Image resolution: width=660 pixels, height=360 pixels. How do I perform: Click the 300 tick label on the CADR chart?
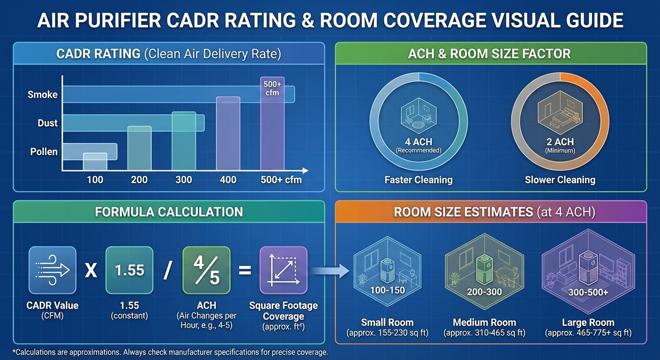(x=184, y=180)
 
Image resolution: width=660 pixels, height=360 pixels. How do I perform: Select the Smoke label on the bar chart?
(x=42, y=94)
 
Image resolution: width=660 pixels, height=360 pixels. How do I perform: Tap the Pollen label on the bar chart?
(x=44, y=152)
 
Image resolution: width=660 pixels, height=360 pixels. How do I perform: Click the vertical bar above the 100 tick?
(x=95, y=162)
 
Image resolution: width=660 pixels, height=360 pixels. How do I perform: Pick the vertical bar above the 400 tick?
(x=228, y=134)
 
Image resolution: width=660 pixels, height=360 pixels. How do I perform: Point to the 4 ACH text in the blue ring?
(x=418, y=142)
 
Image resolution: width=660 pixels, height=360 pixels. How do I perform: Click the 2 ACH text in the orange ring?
(x=560, y=142)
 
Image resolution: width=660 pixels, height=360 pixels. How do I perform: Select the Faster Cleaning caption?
(x=418, y=180)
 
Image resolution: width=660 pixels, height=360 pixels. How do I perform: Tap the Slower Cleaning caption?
(x=560, y=180)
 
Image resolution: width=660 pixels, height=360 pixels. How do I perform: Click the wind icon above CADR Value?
(x=52, y=270)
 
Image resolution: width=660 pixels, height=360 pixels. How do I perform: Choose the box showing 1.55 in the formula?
(x=129, y=270)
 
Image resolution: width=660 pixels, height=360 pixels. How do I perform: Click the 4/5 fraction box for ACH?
(x=206, y=270)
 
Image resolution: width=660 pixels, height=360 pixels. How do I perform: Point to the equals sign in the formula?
(x=245, y=270)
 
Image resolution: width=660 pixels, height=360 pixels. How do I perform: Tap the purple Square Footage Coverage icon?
(x=283, y=270)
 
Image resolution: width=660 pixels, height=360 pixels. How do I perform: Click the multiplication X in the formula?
(x=90, y=271)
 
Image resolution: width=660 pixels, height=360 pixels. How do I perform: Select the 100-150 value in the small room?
(x=387, y=290)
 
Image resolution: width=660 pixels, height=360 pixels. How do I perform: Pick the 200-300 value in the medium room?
(x=484, y=292)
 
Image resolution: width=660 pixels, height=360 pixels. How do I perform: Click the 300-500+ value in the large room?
(x=588, y=292)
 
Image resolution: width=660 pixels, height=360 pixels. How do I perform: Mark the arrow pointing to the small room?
(x=330, y=270)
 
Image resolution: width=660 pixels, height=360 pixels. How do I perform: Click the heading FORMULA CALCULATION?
(x=169, y=212)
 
